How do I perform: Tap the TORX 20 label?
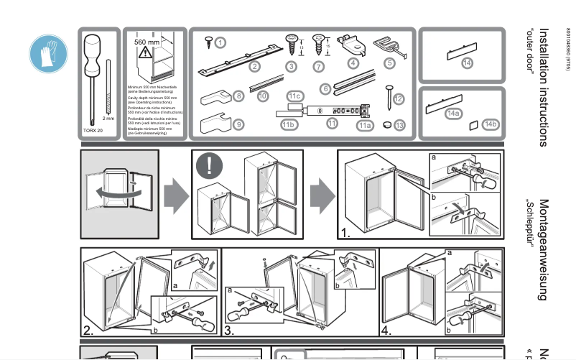point(93,131)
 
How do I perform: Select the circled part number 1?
point(220,42)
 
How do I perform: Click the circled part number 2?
point(254,67)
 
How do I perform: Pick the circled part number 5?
point(390,63)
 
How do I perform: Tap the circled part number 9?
point(238,124)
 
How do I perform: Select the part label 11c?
point(294,96)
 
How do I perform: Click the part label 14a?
point(453,114)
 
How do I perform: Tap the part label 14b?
point(491,124)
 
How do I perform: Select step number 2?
point(88,331)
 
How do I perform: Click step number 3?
point(229,331)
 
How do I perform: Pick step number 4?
point(386,331)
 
